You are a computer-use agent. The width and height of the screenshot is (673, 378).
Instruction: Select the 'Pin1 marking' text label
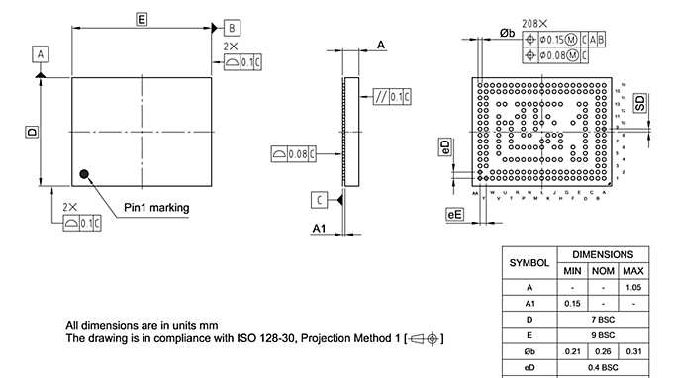156,208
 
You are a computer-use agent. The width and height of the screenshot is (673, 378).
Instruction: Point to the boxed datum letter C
322,201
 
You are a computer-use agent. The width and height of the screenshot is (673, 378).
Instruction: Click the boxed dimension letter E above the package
142,19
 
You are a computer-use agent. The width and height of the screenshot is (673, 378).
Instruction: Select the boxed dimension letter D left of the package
32,132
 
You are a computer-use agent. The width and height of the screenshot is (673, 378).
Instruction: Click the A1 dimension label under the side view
319,229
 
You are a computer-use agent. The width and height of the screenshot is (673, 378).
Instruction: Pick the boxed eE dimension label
455,214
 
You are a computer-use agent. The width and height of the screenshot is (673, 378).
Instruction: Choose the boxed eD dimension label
444,146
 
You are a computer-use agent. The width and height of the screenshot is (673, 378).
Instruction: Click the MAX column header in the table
632,271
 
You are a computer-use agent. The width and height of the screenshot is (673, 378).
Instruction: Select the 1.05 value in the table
632,287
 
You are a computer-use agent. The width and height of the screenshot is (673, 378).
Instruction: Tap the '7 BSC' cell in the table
602,320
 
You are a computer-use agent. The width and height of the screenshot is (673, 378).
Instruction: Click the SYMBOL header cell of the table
529,263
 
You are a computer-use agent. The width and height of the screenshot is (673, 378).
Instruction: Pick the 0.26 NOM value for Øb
602,351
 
